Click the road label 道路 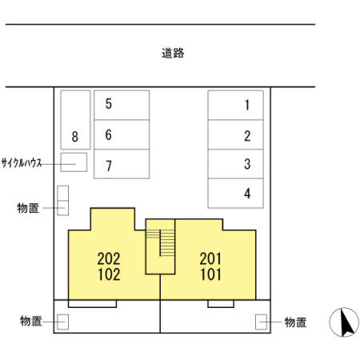pyautogui.click(x=173, y=54)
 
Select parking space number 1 pyautogui.click(x=235, y=105)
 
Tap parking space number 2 pyautogui.click(x=235, y=135)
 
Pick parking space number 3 pyautogui.click(x=235, y=165)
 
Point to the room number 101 pyautogui.click(x=210, y=274)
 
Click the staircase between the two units pyautogui.click(x=166, y=243)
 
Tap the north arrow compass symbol pyautogui.click(x=346, y=322)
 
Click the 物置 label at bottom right pyautogui.click(x=295, y=322)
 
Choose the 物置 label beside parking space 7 pyautogui.click(x=28, y=208)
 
